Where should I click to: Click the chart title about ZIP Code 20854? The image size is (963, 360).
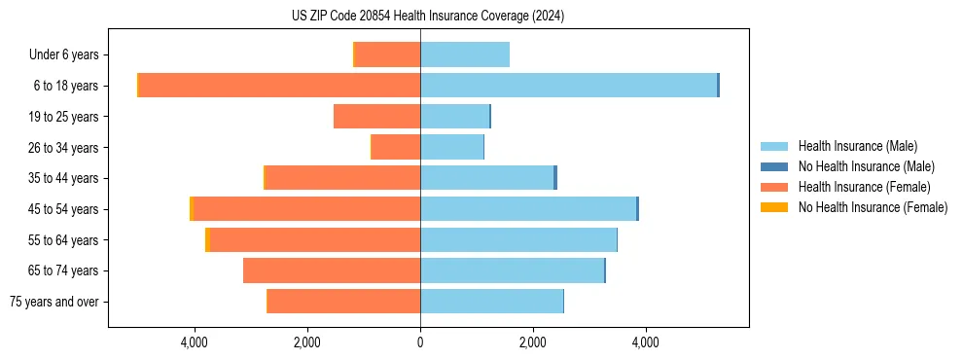coord(428,17)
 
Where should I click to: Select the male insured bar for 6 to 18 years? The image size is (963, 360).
coord(568,86)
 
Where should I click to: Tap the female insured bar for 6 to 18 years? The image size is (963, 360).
coord(279,86)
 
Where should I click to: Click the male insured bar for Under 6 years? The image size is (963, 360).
coord(465,54)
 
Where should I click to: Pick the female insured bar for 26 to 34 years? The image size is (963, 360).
coord(396,147)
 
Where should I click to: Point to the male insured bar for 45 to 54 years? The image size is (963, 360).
coord(528,209)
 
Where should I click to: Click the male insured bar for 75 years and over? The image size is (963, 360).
coord(491,302)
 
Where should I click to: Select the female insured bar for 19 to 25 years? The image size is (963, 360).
coord(377,117)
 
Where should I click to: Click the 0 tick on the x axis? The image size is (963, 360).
coord(420,342)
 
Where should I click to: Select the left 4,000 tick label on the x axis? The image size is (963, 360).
coord(195,342)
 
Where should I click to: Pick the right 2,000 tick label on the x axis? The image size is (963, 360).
coord(533,342)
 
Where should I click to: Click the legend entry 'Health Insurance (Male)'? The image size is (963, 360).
coord(857,146)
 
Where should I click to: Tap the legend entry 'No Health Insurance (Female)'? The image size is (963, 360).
coord(873,207)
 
